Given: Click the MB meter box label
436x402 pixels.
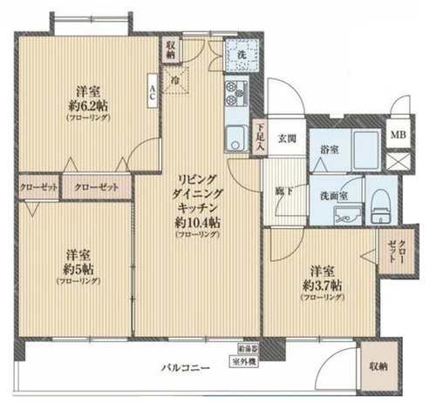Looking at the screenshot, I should pos(398,134).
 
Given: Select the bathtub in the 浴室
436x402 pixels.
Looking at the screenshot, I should pos(365,149).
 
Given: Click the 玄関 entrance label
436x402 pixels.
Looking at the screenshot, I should pos(288,138).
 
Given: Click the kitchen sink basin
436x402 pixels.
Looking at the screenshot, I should pos(235,137).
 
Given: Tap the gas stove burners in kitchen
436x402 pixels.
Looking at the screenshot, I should pos(236,90).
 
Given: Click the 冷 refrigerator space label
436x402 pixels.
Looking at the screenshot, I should pos(176,81).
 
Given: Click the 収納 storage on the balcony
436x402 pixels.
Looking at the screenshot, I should pos(378,367).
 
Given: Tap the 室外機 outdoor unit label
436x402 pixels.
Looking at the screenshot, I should pos(243,361).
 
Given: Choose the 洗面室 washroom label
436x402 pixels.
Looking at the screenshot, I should pos(334,195).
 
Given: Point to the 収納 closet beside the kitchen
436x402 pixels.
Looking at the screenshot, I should pos(171,50).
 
